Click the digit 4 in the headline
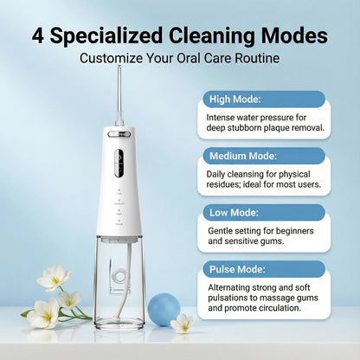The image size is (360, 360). tap(39, 35)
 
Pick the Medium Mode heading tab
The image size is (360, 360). tap(243, 156)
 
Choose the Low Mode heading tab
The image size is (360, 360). tap(234, 212)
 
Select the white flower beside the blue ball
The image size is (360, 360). tap(183, 324)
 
